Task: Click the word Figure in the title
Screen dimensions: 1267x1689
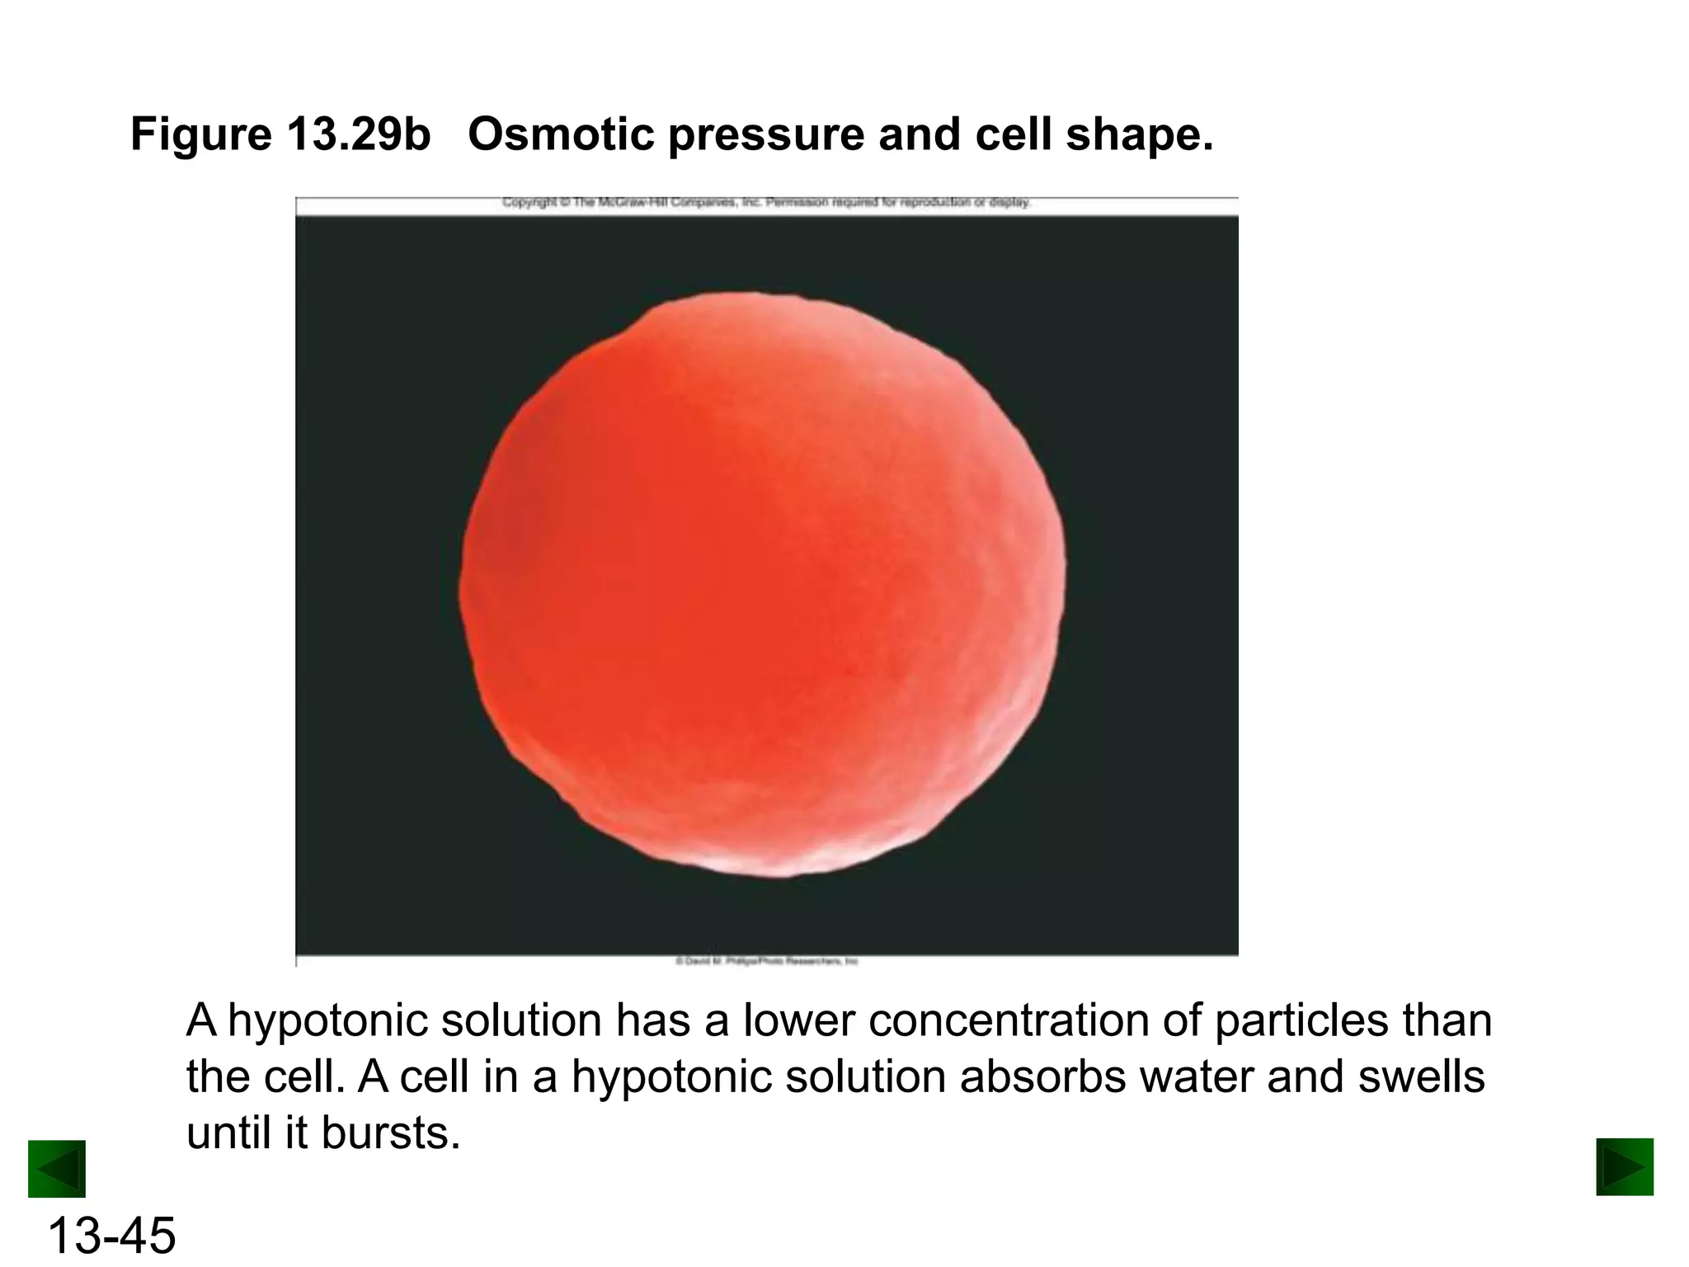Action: [x=200, y=134]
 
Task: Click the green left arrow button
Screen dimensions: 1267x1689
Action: [x=57, y=1168]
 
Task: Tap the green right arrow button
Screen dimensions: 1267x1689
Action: [x=1625, y=1166]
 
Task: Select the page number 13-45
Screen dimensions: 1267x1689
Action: [x=111, y=1236]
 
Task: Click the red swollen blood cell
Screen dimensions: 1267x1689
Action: [x=763, y=586]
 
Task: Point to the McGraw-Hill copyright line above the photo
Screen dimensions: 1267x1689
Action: [x=767, y=202]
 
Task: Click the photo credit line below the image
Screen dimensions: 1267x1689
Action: [x=767, y=961]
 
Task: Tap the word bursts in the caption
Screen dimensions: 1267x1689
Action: [x=390, y=1133]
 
